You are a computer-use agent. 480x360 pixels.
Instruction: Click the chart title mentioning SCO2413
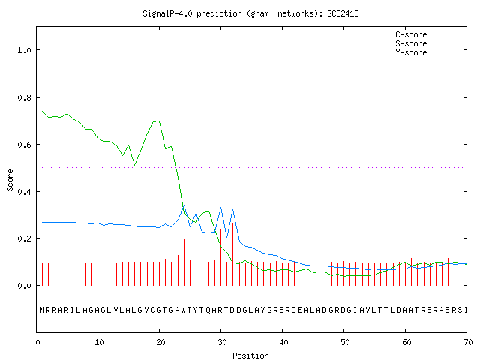pos(250,13)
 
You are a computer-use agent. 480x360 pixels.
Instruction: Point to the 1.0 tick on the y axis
pos(25,50)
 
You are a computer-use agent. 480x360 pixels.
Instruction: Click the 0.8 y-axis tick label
pos(25,97)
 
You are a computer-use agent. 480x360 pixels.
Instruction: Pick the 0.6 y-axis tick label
pos(25,145)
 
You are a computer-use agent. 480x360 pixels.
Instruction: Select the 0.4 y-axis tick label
pos(25,192)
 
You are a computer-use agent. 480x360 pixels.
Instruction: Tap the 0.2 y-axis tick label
pos(25,238)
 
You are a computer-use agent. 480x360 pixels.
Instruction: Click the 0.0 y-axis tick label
pos(25,286)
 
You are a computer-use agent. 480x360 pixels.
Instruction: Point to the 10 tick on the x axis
pos(99,342)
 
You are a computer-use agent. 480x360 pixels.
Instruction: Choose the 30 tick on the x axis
pos(222,342)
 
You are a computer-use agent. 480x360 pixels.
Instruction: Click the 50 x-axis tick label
pos(345,342)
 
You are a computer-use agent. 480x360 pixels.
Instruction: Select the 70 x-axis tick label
pos(468,342)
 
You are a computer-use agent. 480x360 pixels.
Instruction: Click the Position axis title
pos(250,355)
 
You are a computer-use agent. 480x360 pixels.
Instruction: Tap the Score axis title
pos(10,180)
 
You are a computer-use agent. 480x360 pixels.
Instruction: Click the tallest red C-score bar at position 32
pos(233,254)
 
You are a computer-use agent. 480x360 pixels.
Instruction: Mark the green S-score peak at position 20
pos(159,121)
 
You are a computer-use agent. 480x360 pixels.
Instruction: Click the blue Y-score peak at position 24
pos(184,205)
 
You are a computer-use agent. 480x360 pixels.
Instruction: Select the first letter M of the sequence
pos(42,310)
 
